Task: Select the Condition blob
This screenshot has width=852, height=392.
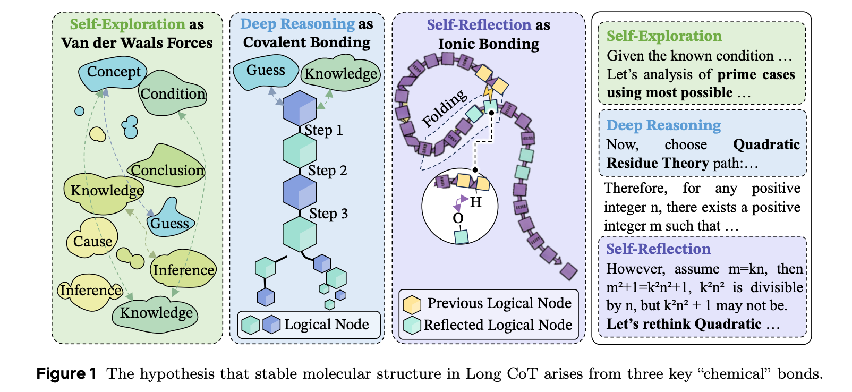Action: (173, 94)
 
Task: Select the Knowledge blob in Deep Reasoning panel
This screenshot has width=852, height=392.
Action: (341, 74)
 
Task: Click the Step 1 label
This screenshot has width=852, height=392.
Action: (323, 130)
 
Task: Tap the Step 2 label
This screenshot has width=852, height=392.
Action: (327, 171)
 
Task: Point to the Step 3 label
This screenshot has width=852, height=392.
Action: (328, 214)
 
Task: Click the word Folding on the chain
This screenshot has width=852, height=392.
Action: (445, 108)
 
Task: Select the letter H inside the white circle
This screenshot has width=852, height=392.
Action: (476, 202)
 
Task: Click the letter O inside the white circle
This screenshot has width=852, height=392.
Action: (458, 218)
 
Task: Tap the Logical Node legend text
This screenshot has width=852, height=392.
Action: (326, 325)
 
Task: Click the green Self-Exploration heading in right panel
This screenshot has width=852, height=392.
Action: (664, 36)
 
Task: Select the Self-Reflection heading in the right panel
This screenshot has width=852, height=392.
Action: (658, 249)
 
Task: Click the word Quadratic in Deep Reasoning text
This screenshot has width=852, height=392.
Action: (766, 144)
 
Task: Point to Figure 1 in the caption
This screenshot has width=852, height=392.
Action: (66, 374)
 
